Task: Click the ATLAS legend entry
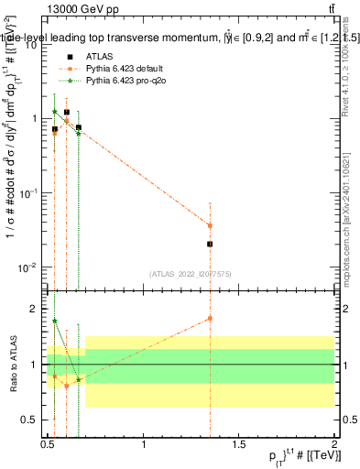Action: tap(101, 57)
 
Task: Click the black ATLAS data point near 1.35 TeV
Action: tap(211, 244)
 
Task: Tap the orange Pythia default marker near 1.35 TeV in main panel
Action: tap(211, 225)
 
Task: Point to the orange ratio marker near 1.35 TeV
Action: tap(211, 318)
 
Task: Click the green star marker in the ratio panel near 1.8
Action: tap(55, 321)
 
